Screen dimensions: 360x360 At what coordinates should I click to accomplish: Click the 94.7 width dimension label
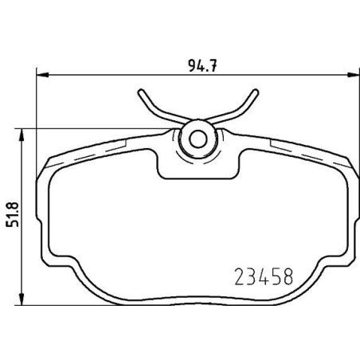[202, 65]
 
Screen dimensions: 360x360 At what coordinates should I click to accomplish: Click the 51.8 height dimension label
[13, 214]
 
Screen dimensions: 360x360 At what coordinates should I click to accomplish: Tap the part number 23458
[264, 276]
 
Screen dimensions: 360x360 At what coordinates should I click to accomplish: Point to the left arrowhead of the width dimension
[42, 75]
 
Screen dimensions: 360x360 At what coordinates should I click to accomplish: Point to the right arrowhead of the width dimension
[354, 75]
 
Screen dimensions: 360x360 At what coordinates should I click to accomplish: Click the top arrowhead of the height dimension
[22, 135]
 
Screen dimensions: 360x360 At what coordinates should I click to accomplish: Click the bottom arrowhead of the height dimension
[22, 299]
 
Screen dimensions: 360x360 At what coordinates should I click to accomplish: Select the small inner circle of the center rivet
[198, 139]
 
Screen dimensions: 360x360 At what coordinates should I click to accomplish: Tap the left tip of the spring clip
[141, 92]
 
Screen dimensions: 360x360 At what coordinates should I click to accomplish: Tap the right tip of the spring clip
[255, 92]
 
